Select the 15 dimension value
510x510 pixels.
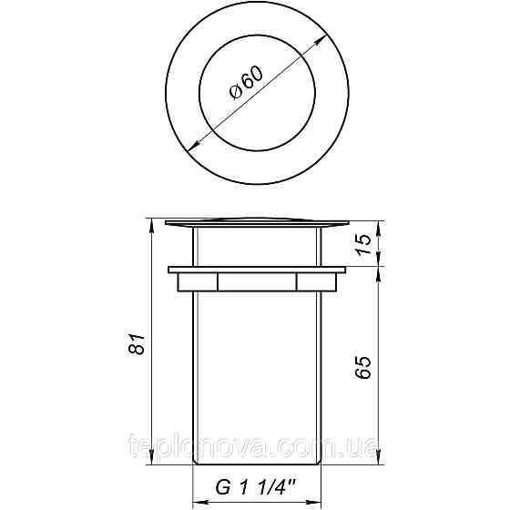coord(364,243)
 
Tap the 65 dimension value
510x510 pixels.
coord(364,367)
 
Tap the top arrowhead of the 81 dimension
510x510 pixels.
coord(149,224)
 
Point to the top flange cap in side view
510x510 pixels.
coord(257,221)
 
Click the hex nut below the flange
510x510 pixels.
coord(257,282)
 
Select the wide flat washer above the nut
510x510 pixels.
coord(257,270)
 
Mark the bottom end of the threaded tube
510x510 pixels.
coord(257,466)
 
